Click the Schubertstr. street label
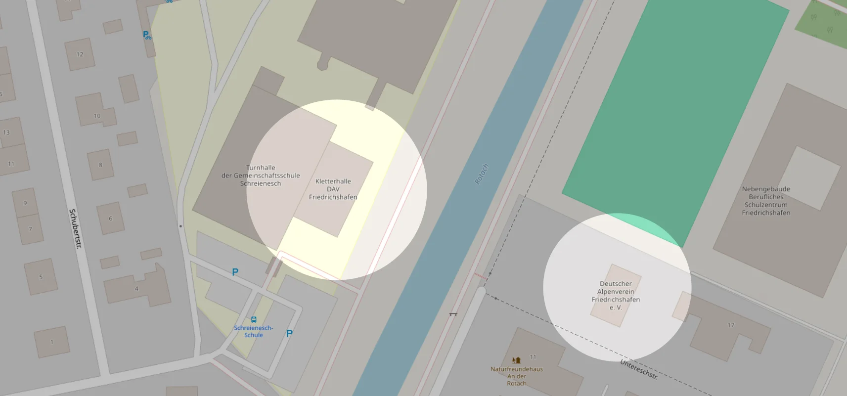tap(76, 228)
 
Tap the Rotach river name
tap(482, 174)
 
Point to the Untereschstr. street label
tap(639, 370)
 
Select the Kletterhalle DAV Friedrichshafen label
tap(333, 189)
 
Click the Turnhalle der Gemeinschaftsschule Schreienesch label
tap(261, 176)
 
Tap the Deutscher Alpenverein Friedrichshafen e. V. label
tap(616, 296)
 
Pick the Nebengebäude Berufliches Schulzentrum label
tap(766, 201)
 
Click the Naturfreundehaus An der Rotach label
tap(517, 376)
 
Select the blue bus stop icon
tap(254, 319)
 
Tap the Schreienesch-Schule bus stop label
tap(254, 331)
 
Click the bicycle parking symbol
tap(147, 35)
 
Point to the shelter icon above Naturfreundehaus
tap(516, 360)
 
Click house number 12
tap(80, 54)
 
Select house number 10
tap(97, 116)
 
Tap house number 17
tap(731, 325)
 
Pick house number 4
tap(136, 288)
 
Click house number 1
tap(51, 342)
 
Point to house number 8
tap(100, 165)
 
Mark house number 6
tap(110, 219)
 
